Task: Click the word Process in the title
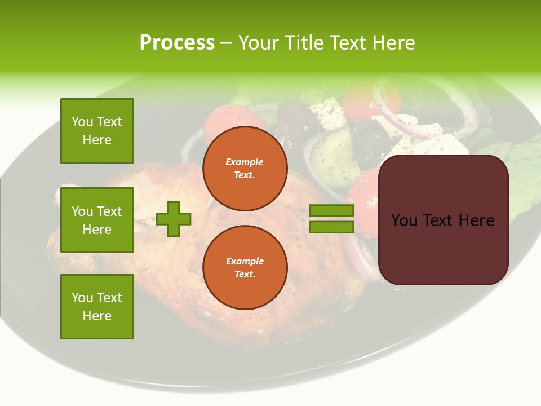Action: pyautogui.click(x=177, y=43)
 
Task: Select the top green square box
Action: pyautogui.click(x=97, y=131)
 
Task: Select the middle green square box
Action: pyautogui.click(x=97, y=220)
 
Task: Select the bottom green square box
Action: pyautogui.click(x=97, y=307)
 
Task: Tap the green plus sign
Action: pyautogui.click(x=174, y=219)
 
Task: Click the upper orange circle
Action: pyautogui.click(x=245, y=169)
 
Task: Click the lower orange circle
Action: pyautogui.click(x=245, y=268)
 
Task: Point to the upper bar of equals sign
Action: pyautogui.click(x=331, y=210)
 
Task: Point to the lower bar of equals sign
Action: pyautogui.click(x=331, y=227)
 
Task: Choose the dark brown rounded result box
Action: pyautogui.click(x=443, y=220)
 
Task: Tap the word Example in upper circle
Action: pyautogui.click(x=245, y=162)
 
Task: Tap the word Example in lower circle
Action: pyautogui.click(x=245, y=261)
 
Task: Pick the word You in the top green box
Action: pyautogui.click(x=82, y=122)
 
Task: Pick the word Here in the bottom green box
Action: pyautogui.click(x=97, y=316)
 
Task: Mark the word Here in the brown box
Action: pyautogui.click(x=477, y=220)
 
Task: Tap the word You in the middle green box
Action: pyautogui.click(x=82, y=211)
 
